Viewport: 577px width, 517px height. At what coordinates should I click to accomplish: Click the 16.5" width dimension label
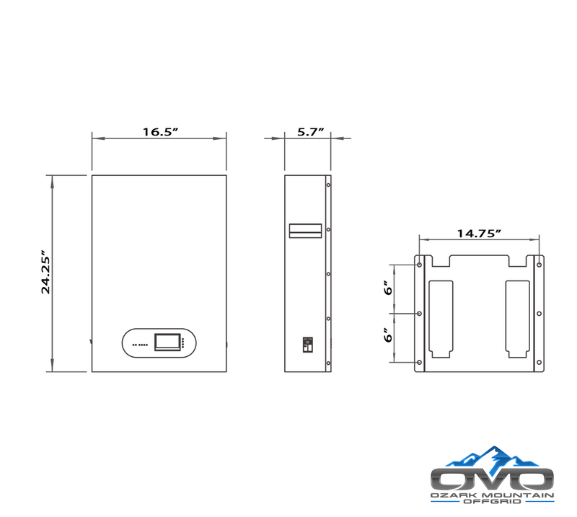tap(159, 132)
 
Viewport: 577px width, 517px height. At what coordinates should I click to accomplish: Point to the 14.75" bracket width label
tap(479, 234)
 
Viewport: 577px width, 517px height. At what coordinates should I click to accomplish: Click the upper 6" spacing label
tap(387, 288)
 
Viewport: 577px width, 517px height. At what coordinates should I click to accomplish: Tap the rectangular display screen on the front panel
tap(165, 343)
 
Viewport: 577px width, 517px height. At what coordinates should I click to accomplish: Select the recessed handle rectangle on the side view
tap(306, 230)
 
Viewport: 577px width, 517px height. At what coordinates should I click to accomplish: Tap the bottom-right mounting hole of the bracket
tap(538, 362)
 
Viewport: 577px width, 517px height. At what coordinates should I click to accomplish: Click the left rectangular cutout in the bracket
tap(441, 318)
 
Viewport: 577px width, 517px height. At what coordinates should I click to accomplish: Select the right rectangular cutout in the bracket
tap(518, 318)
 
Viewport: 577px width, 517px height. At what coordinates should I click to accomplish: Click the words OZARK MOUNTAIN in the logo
tap(492, 496)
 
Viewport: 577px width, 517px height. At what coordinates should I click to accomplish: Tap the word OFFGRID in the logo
tap(492, 505)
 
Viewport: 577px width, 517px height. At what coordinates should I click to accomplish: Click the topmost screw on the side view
tap(328, 185)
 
